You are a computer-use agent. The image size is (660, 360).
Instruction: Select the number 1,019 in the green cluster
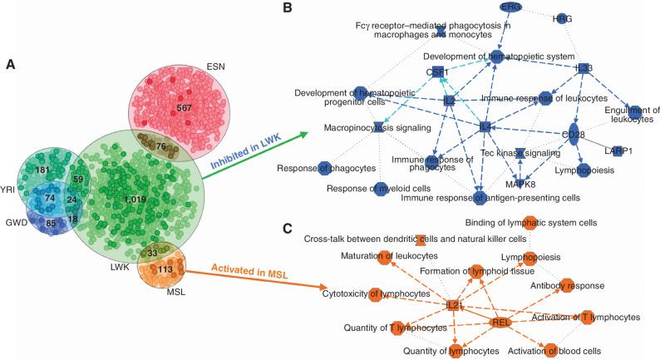coord(133,200)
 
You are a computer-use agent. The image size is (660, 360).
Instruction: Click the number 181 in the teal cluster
coord(42,170)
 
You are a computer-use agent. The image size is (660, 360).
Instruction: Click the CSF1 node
coord(436,73)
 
